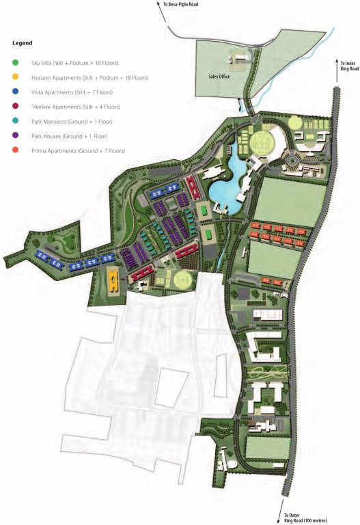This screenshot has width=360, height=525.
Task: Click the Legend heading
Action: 23,43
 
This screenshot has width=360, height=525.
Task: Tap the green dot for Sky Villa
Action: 16,62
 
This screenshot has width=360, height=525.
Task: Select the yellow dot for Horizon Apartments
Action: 16,77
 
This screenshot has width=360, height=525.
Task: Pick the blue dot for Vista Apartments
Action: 16,92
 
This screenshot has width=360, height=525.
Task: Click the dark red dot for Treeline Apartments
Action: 16,107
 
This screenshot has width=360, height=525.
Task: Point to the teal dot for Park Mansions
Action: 16,121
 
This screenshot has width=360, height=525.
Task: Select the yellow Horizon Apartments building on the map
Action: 113,278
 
